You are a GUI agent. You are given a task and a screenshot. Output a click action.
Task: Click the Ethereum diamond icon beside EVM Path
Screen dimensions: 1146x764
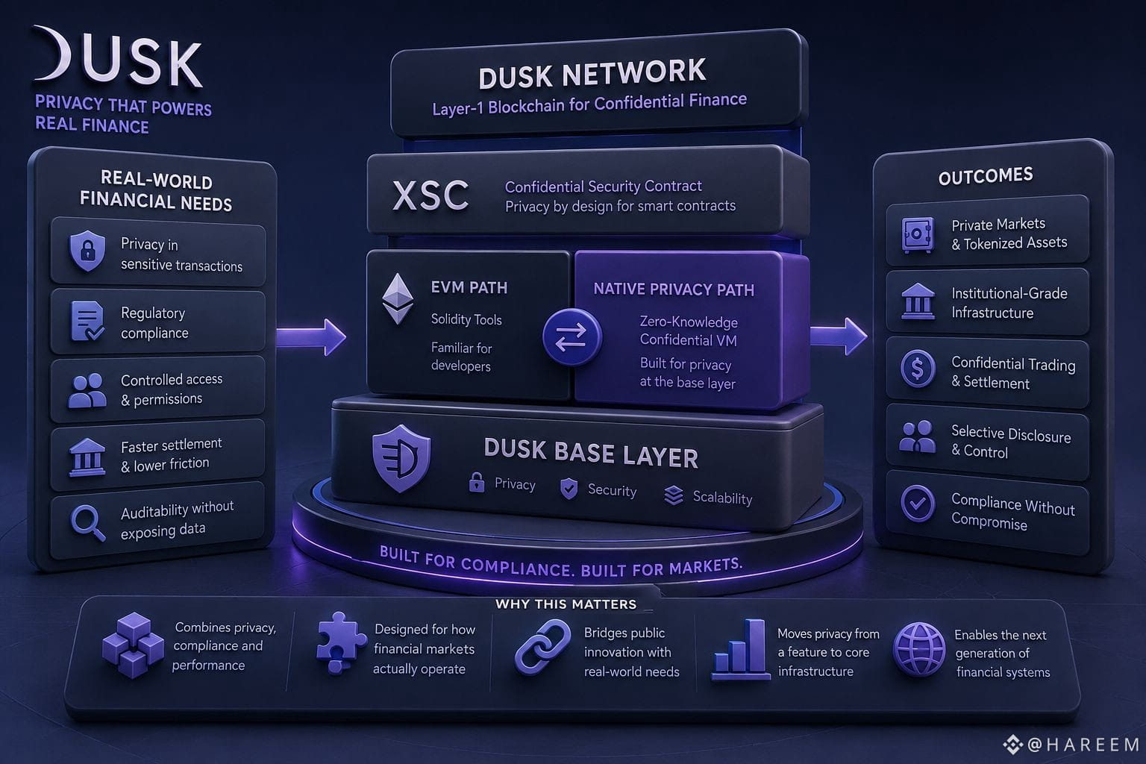[x=398, y=299]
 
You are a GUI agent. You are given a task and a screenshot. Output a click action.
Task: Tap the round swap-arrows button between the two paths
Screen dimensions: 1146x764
[x=572, y=337]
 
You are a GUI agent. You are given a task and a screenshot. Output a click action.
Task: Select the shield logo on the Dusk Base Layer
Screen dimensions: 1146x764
[x=401, y=459]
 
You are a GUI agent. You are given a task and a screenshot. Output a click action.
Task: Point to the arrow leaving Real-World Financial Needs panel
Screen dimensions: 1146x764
[x=311, y=337]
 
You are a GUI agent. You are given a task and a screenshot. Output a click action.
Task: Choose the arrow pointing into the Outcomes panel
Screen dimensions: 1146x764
[x=839, y=336]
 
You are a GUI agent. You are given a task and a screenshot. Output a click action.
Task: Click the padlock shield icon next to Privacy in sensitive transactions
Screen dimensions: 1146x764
[x=87, y=250]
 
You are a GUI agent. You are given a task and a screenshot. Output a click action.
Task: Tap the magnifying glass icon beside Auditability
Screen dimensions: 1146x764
[x=88, y=523]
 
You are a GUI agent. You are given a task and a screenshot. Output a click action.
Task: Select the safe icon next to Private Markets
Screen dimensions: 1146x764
[x=918, y=235]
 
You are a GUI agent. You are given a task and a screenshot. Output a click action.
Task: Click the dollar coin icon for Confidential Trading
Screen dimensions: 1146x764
[x=918, y=369]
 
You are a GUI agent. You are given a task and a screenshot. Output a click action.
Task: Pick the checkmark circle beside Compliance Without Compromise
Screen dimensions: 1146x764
[x=918, y=504]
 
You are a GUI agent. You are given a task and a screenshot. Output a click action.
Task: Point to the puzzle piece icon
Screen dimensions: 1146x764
[x=340, y=642]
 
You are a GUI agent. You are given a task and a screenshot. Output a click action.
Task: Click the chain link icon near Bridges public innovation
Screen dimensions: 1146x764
[x=542, y=647]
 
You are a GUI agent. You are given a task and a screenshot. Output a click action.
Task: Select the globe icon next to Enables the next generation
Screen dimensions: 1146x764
[x=919, y=649]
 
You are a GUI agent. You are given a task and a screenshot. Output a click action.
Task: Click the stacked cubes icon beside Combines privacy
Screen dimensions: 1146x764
[x=133, y=645]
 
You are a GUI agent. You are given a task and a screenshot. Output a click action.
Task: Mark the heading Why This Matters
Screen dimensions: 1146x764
[x=566, y=604]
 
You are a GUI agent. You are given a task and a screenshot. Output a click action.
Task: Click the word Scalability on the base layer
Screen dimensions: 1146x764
[x=722, y=498]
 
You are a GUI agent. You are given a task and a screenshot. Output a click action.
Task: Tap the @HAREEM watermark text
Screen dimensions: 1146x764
[x=1083, y=745]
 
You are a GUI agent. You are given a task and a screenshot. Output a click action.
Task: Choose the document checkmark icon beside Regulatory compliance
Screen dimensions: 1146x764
[x=87, y=321]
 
